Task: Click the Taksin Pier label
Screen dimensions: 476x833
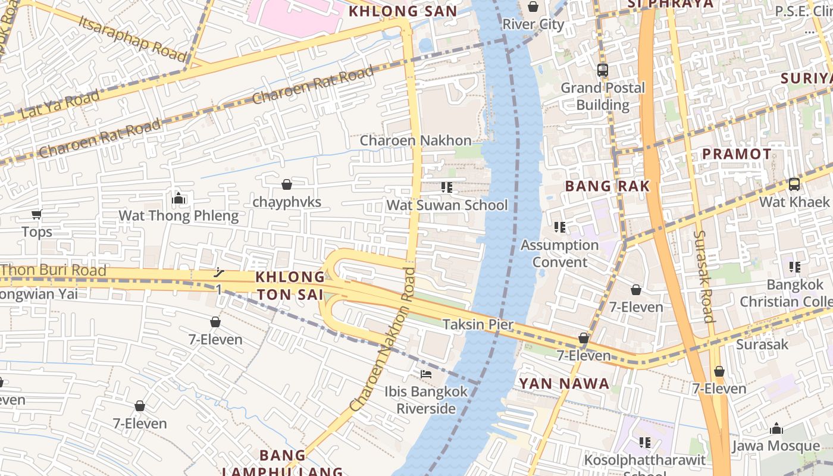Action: click(x=477, y=324)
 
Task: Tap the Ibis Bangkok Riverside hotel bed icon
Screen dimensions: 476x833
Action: click(x=426, y=374)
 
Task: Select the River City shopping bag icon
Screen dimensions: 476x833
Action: click(x=533, y=7)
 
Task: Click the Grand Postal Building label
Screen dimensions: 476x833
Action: click(x=603, y=96)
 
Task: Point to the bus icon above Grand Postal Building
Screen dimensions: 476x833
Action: click(x=603, y=70)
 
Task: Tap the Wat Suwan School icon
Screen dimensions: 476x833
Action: click(x=447, y=188)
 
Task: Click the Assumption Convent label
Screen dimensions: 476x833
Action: click(x=559, y=253)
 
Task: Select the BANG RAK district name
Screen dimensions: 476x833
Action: click(x=607, y=186)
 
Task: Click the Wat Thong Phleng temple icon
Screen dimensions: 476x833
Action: click(x=178, y=198)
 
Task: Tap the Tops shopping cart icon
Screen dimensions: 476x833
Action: click(x=37, y=214)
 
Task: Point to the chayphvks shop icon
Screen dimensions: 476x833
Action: click(x=287, y=184)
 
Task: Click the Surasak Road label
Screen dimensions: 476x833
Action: click(x=703, y=276)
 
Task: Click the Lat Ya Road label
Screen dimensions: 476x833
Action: click(x=59, y=104)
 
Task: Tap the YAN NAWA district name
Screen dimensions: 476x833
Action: click(x=564, y=384)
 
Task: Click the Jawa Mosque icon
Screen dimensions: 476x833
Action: click(x=776, y=428)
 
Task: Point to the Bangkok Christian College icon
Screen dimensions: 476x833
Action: click(x=795, y=267)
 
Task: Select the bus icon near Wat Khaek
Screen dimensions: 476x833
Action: click(x=794, y=184)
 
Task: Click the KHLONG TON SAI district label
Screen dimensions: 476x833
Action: click(x=290, y=286)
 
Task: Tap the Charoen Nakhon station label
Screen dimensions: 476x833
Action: click(x=415, y=140)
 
